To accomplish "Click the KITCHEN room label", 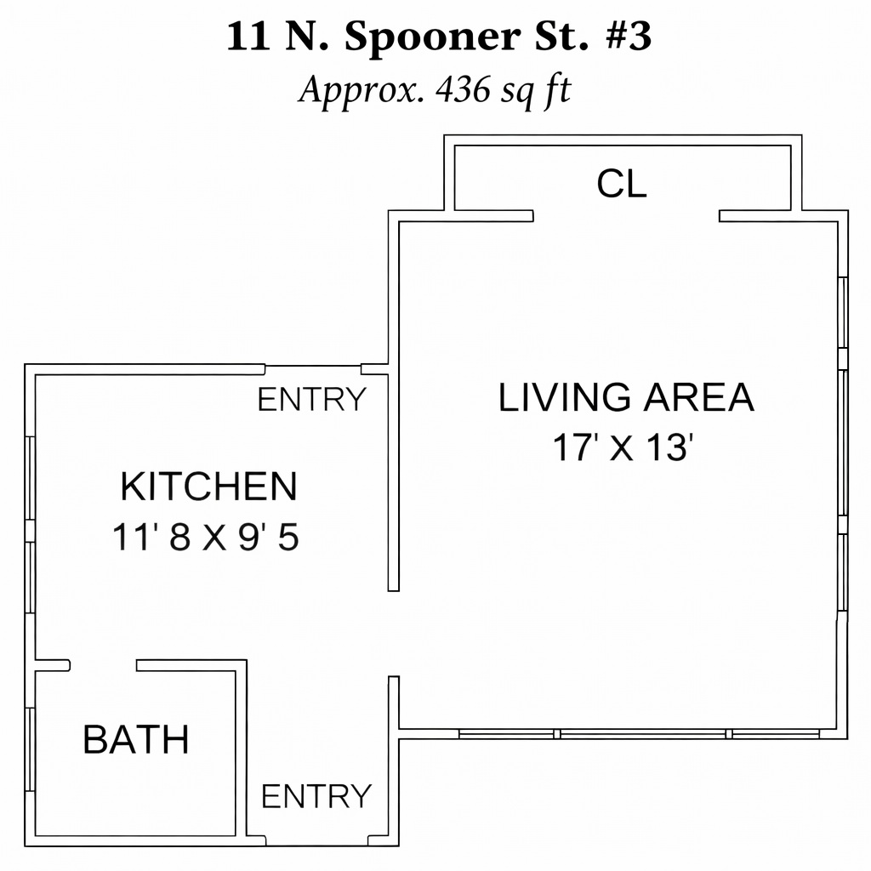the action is pos(209,487).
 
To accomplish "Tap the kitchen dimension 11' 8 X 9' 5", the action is pos(206,538).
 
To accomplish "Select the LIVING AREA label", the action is pos(626,397).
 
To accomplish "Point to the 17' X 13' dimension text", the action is pos(623,447).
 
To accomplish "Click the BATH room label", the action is pos(136,739).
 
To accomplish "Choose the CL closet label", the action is pos(622,184).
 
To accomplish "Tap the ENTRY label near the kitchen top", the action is pos(311,399).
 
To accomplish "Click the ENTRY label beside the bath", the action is pos(316,796).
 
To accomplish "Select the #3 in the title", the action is pos(629,37).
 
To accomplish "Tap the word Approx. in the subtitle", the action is pos(360,90).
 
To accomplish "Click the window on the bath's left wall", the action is pos(30,749).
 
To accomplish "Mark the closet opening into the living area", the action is pos(626,216).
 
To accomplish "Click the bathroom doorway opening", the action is pos(103,665).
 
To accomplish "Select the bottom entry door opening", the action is pos(317,840).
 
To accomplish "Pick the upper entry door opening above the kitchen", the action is pos(313,369).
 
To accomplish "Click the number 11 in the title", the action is pos(248,37).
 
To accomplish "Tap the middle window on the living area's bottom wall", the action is pos(643,734).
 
